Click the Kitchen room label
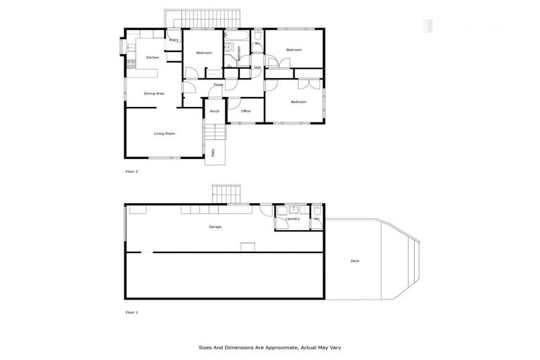pos(153,58)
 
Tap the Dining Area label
pos(154,94)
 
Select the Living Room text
pos(165,134)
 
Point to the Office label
pos(245,111)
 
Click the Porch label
pos(214,111)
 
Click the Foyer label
pos(219,85)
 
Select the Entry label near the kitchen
pos(174,40)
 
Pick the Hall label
pos(257,67)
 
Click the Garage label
pos(215,227)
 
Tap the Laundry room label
pos(292,219)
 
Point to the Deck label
pos(355,262)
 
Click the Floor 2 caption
pos(131,172)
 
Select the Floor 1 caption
pos(131,311)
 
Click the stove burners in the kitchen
pos(131,65)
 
